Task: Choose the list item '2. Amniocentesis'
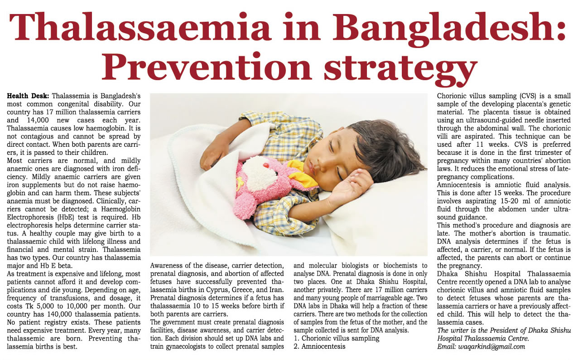click(319, 346)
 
